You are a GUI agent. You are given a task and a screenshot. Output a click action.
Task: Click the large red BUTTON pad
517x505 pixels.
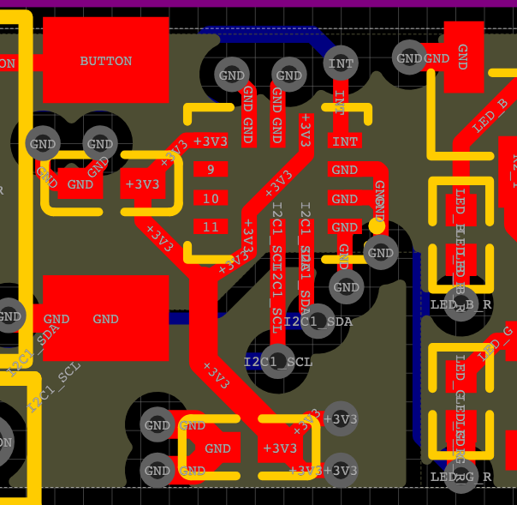(105, 60)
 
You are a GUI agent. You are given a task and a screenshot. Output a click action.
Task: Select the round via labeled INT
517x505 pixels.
(341, 63)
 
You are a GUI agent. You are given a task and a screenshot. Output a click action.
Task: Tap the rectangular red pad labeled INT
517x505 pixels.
(345, 141)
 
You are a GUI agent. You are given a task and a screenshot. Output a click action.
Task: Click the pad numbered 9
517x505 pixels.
(210, 170)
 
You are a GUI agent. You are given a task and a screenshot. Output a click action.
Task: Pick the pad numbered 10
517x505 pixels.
(210, 199)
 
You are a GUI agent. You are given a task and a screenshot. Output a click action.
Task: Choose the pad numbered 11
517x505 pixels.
(210, 227)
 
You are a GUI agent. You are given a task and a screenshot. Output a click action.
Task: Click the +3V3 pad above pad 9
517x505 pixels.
(210, 141)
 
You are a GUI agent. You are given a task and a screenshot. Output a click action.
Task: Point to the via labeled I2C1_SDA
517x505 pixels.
(318, 322)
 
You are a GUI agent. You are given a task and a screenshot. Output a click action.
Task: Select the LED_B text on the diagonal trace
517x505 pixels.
(490, 117)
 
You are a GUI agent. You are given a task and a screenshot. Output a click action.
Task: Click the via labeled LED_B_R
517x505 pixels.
(461, 304)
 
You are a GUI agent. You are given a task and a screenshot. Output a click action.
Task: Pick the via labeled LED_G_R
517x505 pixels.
(461, 476)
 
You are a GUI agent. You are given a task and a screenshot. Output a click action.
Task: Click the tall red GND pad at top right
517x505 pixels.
(462, 57)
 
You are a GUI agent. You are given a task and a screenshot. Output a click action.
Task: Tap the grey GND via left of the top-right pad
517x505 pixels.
(409, 58)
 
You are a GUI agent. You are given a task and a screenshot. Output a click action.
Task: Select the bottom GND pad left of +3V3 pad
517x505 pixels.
(218, 448)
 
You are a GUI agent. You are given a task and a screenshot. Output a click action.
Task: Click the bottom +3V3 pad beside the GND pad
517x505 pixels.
(280, 448)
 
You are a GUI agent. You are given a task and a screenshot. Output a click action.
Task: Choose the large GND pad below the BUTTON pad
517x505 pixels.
(105, 319)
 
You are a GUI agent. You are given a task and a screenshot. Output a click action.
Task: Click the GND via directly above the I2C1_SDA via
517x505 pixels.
(347, 287)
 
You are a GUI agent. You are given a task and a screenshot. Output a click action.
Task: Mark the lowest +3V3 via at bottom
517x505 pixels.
(341, 471)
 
